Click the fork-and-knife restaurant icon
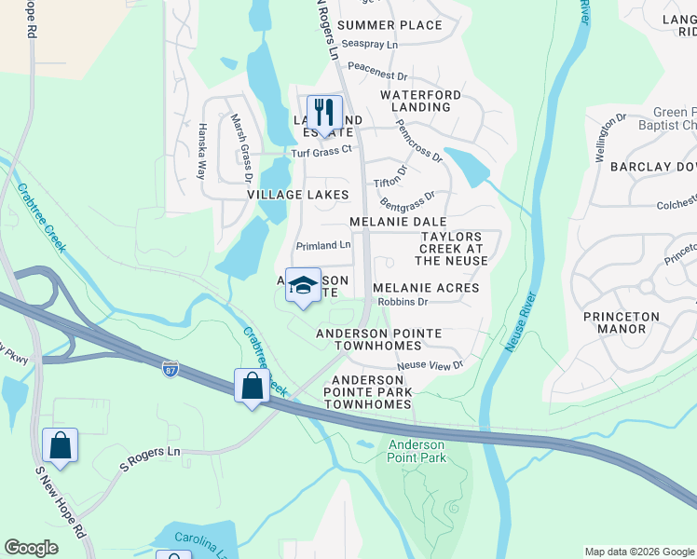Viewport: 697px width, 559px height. (x=325, y=114)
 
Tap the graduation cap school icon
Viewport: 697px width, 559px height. (x=303, y=286)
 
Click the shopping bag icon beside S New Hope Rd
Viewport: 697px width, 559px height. (x=60, y=446)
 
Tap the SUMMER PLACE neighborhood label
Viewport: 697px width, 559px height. (x=389, y=25)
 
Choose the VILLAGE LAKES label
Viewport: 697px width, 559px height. (x=297, y=195)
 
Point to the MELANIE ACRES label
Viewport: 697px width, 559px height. (x=426, y=288)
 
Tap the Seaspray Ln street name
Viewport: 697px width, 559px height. (x=370, y=44)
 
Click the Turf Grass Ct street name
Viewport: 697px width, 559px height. (x=321, y=150)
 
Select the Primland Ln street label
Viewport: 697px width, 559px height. (x=322, y=246)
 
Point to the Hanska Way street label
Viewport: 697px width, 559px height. (x=200, y=151)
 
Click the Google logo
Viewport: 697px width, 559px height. (x=33, y=548)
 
